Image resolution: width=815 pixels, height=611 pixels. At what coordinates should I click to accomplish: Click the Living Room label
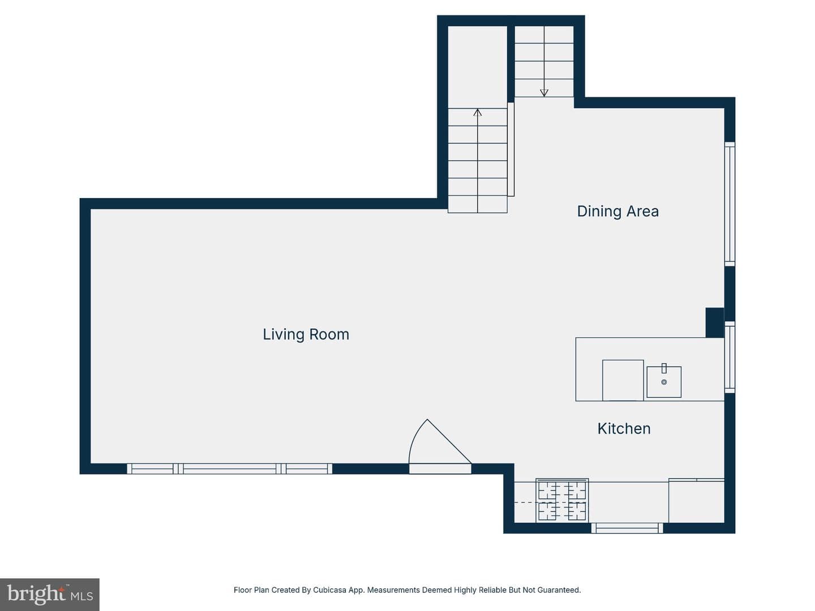306,334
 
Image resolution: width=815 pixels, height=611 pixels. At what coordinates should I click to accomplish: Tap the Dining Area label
618,212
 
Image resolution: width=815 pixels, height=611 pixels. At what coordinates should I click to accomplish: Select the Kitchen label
624,429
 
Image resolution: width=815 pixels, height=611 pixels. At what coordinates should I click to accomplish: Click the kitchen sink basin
664,382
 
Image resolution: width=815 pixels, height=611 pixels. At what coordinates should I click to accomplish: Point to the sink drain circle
664,382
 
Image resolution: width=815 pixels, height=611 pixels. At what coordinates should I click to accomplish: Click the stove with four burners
562,501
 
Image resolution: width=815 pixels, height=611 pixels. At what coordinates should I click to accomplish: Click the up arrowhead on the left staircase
478,112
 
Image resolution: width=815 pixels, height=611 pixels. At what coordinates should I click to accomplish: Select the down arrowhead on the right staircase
544,93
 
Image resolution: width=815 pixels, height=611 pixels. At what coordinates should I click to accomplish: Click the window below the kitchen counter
627,528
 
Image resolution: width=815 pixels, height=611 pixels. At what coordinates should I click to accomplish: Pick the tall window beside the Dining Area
730,204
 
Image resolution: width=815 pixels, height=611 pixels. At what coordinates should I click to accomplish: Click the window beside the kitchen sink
730,357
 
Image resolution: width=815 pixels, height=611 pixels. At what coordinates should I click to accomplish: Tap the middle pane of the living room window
229,469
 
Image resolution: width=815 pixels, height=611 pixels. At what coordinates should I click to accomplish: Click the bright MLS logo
50,594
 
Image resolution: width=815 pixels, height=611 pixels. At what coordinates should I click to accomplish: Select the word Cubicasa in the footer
329,590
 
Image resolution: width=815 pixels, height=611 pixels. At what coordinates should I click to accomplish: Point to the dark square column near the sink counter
715,322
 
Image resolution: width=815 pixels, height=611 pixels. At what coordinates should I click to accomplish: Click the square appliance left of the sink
623,380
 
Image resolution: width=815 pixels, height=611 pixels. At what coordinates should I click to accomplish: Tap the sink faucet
664,368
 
